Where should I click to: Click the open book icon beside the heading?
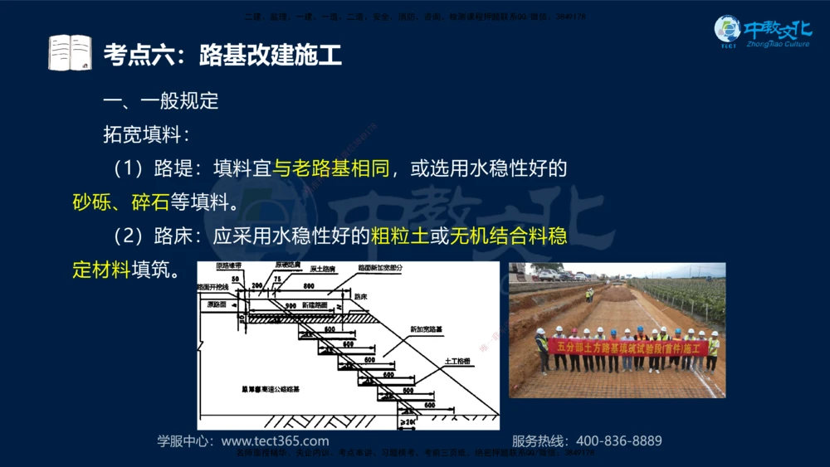(70, 52)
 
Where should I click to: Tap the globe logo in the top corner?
(727, 30)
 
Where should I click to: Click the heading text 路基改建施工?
(271, 56)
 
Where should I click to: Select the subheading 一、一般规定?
(160, 101)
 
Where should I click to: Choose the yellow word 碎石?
(150, 202)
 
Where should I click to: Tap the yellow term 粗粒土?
(400, 236)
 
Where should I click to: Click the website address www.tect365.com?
(275, 441)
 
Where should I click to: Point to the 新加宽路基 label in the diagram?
(426, 329)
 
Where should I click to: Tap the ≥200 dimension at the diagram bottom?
(407, 422)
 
